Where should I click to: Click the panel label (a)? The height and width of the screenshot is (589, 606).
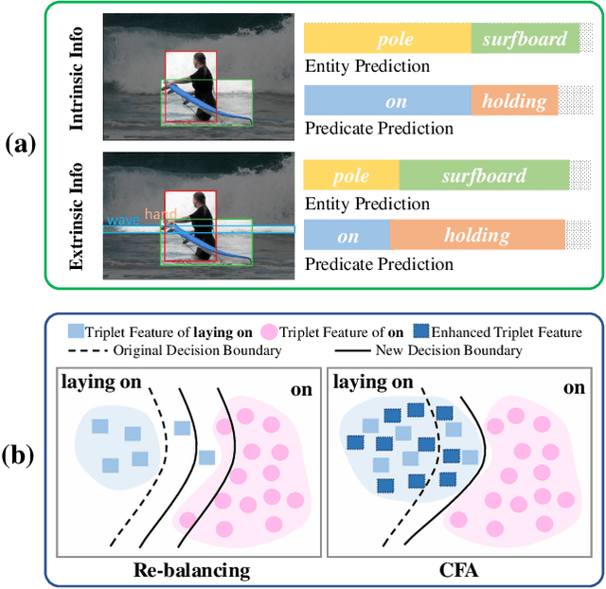click(x=20, y=145)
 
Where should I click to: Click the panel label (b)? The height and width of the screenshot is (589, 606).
click(x=20, y=455)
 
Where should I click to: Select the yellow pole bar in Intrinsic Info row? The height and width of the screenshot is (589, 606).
click(x=386, y=39)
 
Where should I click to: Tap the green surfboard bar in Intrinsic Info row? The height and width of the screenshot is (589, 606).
click(x=524, y=39)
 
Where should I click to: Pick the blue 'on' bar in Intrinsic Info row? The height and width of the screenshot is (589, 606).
click(x=386, y=100)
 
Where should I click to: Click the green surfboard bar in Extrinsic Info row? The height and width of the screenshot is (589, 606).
click(x=482, y=175)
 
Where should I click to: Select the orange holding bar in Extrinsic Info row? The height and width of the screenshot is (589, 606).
click(x=476, y=236)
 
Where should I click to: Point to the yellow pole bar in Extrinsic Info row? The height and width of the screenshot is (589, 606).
click(x=350, y=175)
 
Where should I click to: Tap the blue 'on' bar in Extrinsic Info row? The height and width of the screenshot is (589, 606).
click(x=347, y=236)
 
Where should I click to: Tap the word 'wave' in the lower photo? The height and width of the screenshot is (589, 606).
click(x=122, y=220)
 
